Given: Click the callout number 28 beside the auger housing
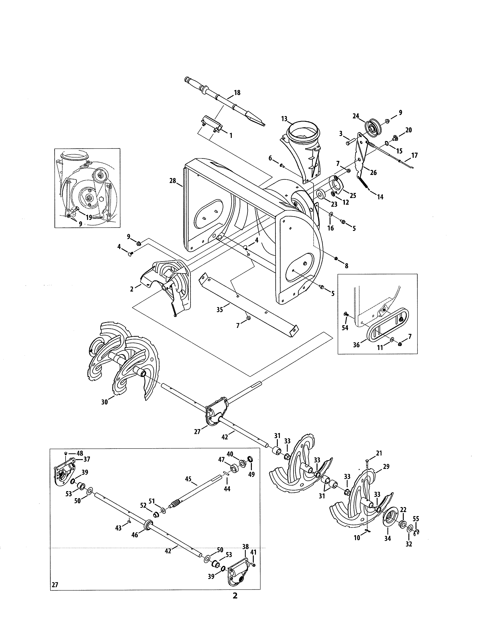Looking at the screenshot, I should click(173, 181).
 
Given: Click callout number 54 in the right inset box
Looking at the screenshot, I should click(345, 328).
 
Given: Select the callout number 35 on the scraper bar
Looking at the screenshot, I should click(220, 310).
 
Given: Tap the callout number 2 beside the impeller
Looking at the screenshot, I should click(132, 289).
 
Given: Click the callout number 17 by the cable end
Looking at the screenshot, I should click(415, 155).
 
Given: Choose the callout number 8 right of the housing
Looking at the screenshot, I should click(346, 266).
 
